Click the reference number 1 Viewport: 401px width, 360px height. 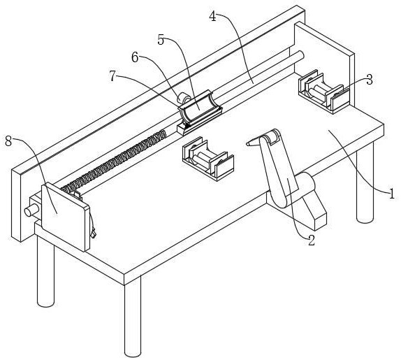pyautogui.click(x=392, y=194)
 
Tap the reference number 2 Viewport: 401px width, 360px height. pyautogui.click(x=312, y=240)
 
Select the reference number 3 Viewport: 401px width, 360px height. pyautogui.click(x=370, y=80)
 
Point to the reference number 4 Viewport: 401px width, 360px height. pyautogui.click(x=212, y=16)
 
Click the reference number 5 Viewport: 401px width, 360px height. pyautogui.click(x=161, y=40)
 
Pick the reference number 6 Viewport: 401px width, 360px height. pyautogui.click(x=135, y=57)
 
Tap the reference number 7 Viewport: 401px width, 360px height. pyautogui.click(x=112, y=75)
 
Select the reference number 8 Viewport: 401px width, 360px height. pyautogui.click(x=8, y=141)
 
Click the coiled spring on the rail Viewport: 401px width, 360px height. pyautogui.click(x=114, y=161)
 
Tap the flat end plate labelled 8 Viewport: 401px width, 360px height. pyautogui.click(x=66, y=217)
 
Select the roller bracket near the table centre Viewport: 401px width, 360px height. pyautogui.click(x=208, y=159)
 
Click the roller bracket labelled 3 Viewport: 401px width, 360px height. pyautogui.click(x=323, y=92)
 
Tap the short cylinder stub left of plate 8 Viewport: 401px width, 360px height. pyautogui.click(x=31, y=210)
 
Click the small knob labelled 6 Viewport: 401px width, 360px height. pyautogui.click(x=184, y=98)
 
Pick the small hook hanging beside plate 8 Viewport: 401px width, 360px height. pyautogui.click(x=93, y=231)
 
